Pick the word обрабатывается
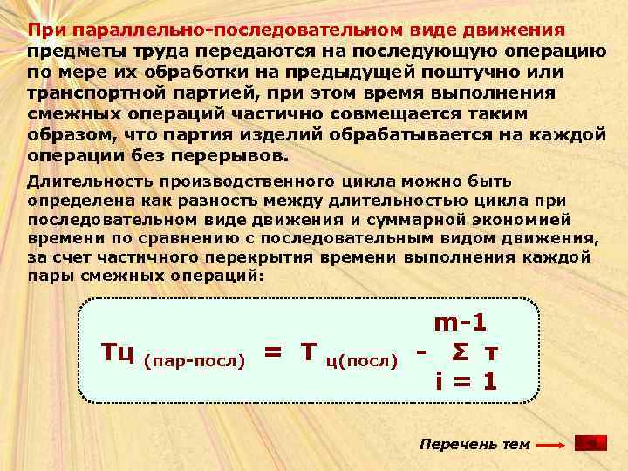(418, 135)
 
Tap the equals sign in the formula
(272, 352)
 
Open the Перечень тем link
(474, 444)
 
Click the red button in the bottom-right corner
(590, 444)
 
